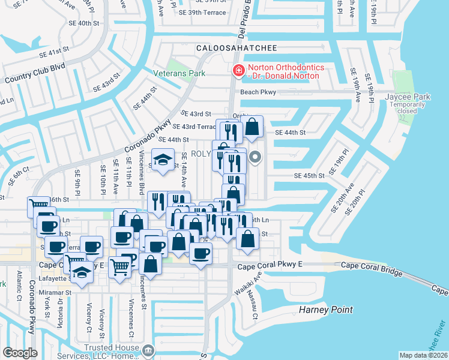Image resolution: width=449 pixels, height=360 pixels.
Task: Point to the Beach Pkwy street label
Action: pos(258,92)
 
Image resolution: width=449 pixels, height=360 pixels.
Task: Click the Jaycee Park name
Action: pos(426,97)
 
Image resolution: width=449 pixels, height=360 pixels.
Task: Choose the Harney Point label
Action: pos(324,310)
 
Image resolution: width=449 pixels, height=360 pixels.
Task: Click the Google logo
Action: pos(20,352)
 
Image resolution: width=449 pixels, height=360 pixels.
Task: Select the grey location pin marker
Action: pos(255,158)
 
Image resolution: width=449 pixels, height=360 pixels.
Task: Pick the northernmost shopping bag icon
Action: pos(252,127)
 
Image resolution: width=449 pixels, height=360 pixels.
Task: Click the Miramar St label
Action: pos(59,293)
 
